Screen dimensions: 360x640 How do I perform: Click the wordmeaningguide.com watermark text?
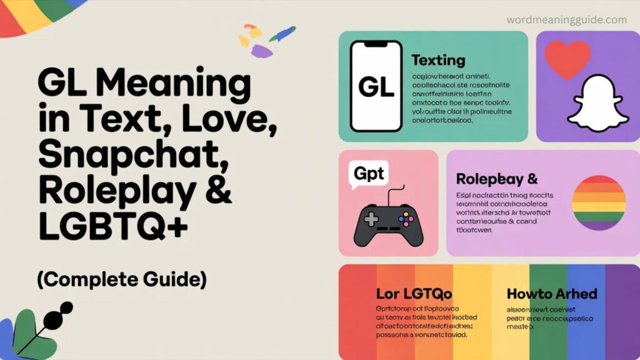567,20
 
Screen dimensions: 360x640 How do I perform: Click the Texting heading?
438,61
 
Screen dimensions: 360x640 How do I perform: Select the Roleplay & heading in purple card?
497,179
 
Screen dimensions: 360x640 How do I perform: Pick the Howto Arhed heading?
552,293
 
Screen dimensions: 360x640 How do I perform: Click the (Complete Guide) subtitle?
122,279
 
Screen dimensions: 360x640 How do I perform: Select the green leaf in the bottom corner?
32,332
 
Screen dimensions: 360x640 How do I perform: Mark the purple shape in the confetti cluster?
261,51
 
